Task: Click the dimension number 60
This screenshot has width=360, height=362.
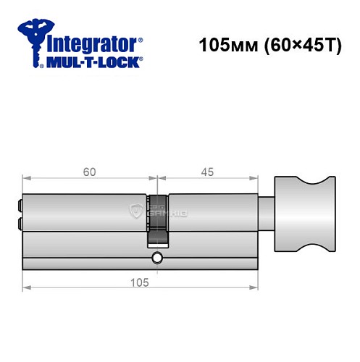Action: tap(89, 172)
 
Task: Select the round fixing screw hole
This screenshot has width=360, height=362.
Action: tap(157, 257)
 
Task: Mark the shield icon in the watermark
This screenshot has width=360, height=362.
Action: tap(135, 211)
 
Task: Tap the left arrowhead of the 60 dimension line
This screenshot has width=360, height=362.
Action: tap(26, 179)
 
